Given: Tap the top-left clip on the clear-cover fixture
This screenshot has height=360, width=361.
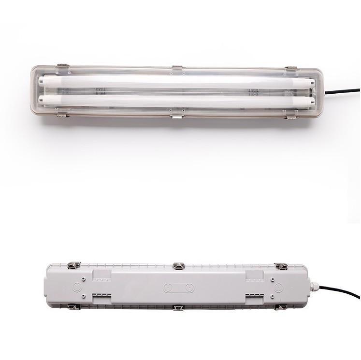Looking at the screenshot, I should click(62, 66).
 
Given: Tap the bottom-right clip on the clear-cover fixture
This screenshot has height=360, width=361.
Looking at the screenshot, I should click(290, 116).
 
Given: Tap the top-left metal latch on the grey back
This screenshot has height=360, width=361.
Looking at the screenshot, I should click(73, 265).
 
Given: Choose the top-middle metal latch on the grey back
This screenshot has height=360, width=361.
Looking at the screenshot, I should click(177, 266).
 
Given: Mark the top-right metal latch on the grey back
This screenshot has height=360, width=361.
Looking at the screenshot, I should click(281, 266).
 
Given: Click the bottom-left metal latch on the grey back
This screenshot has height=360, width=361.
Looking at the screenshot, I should click(73, 307).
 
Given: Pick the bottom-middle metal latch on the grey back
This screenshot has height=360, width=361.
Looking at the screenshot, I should click(177, 308).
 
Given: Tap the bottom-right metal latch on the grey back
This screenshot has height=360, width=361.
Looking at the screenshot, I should click(281, 307).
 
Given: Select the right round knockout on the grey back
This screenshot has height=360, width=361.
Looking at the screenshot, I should click(278, 286).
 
